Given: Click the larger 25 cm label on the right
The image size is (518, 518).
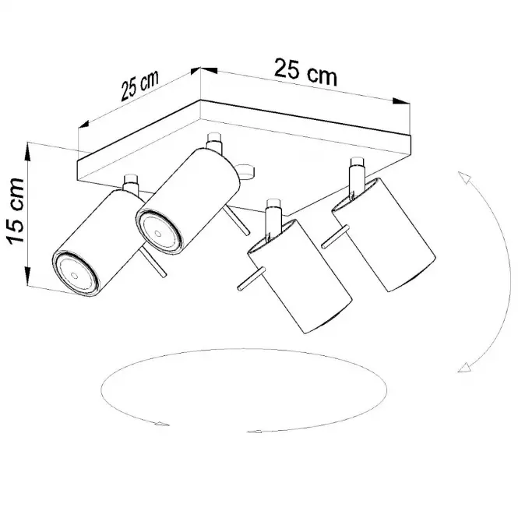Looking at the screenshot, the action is click(305, 72).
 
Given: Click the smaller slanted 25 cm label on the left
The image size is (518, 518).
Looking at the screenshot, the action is click(139, 85).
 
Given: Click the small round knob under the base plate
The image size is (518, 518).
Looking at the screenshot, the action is click(246, 172).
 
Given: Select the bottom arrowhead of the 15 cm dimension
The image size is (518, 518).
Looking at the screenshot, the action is click(28, 276).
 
